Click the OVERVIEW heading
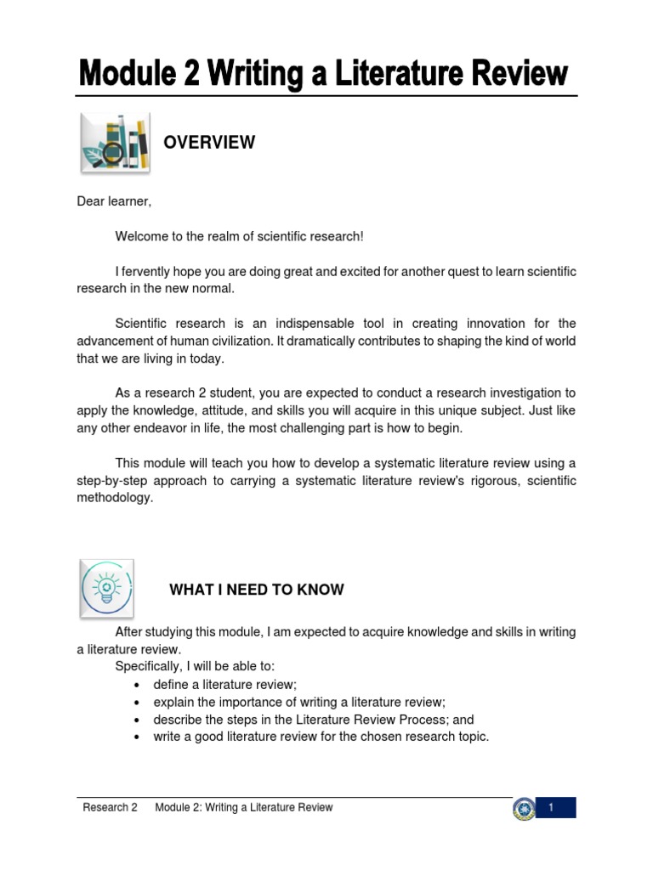tap(209, 143)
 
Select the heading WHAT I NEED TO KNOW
tap(257, 590)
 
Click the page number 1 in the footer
tap(551, 807)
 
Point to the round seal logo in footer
tap(524, 808)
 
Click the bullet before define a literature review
tap(138, 685)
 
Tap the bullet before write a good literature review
tap(138, 737)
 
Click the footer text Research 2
tap(110, 807)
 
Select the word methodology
tap(115, 498)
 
